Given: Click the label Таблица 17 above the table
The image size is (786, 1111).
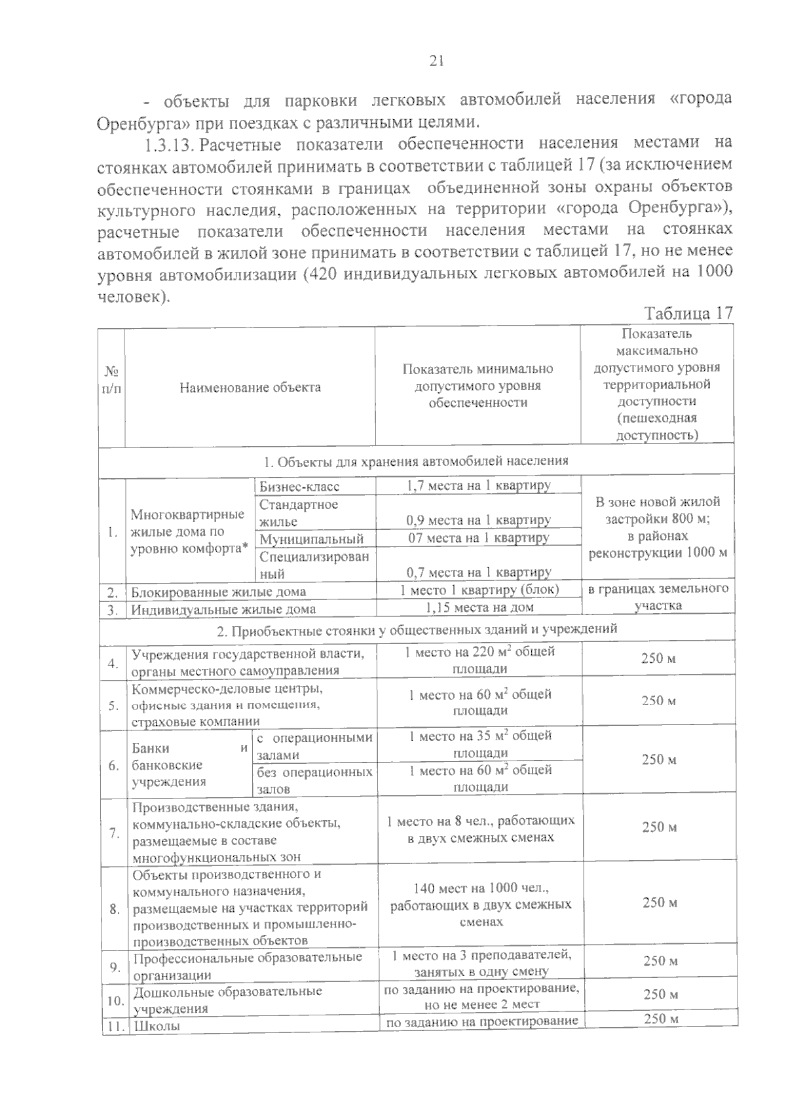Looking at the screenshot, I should pos(688,313).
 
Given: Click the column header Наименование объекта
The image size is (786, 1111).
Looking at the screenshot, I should pos(250,387).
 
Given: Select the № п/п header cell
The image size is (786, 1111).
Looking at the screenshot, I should pos(111,380).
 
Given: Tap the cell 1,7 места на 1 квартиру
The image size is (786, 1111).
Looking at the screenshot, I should pos(478,485).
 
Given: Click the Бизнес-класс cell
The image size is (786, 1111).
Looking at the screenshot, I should pos(299,487).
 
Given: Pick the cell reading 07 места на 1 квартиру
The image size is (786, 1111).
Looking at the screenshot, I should pos(478,538).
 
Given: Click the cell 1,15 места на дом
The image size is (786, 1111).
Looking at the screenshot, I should pos(478,607).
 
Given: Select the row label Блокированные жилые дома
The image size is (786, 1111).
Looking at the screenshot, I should pos(219,592).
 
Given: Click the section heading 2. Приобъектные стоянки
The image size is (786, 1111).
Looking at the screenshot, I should pos(417,630).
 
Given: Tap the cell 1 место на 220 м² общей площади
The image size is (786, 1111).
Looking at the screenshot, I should pos(479,660).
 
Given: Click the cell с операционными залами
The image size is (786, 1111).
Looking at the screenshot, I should pos(314,746).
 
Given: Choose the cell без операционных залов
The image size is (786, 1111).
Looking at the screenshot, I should pos(314,780).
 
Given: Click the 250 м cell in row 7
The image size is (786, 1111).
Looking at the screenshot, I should pos(659,827).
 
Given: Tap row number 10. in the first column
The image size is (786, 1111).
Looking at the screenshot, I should pos(115,1000).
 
